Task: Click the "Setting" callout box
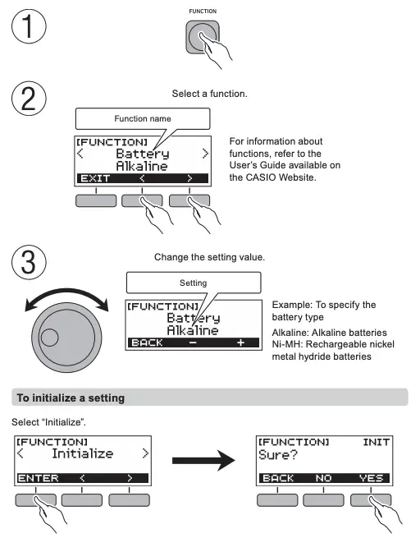tap(193, 283)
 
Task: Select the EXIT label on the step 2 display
tap(94, 177)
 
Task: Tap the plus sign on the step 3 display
tap(240, 343)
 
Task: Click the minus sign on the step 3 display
tap(193, 343)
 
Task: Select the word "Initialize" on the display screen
tap(82, 453)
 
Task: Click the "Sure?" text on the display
tap(277, 453)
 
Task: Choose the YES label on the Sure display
tap(370, 477)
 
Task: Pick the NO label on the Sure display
tap(323, 477)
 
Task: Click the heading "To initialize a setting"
tap(71, 397)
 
